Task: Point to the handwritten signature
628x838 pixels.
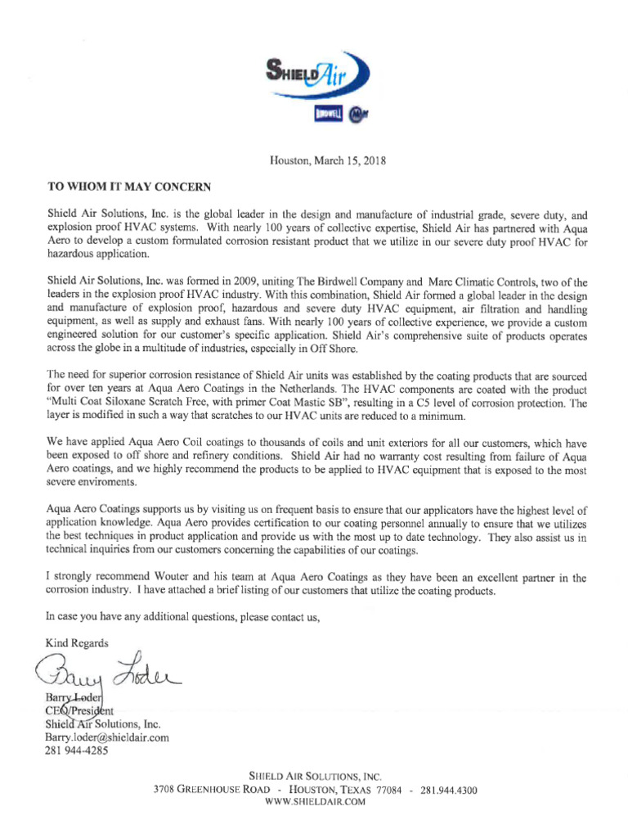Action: tap(106, 673)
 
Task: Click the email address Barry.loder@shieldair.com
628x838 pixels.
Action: tap(106, 737)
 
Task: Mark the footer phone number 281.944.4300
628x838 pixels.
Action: tap(448, 791)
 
